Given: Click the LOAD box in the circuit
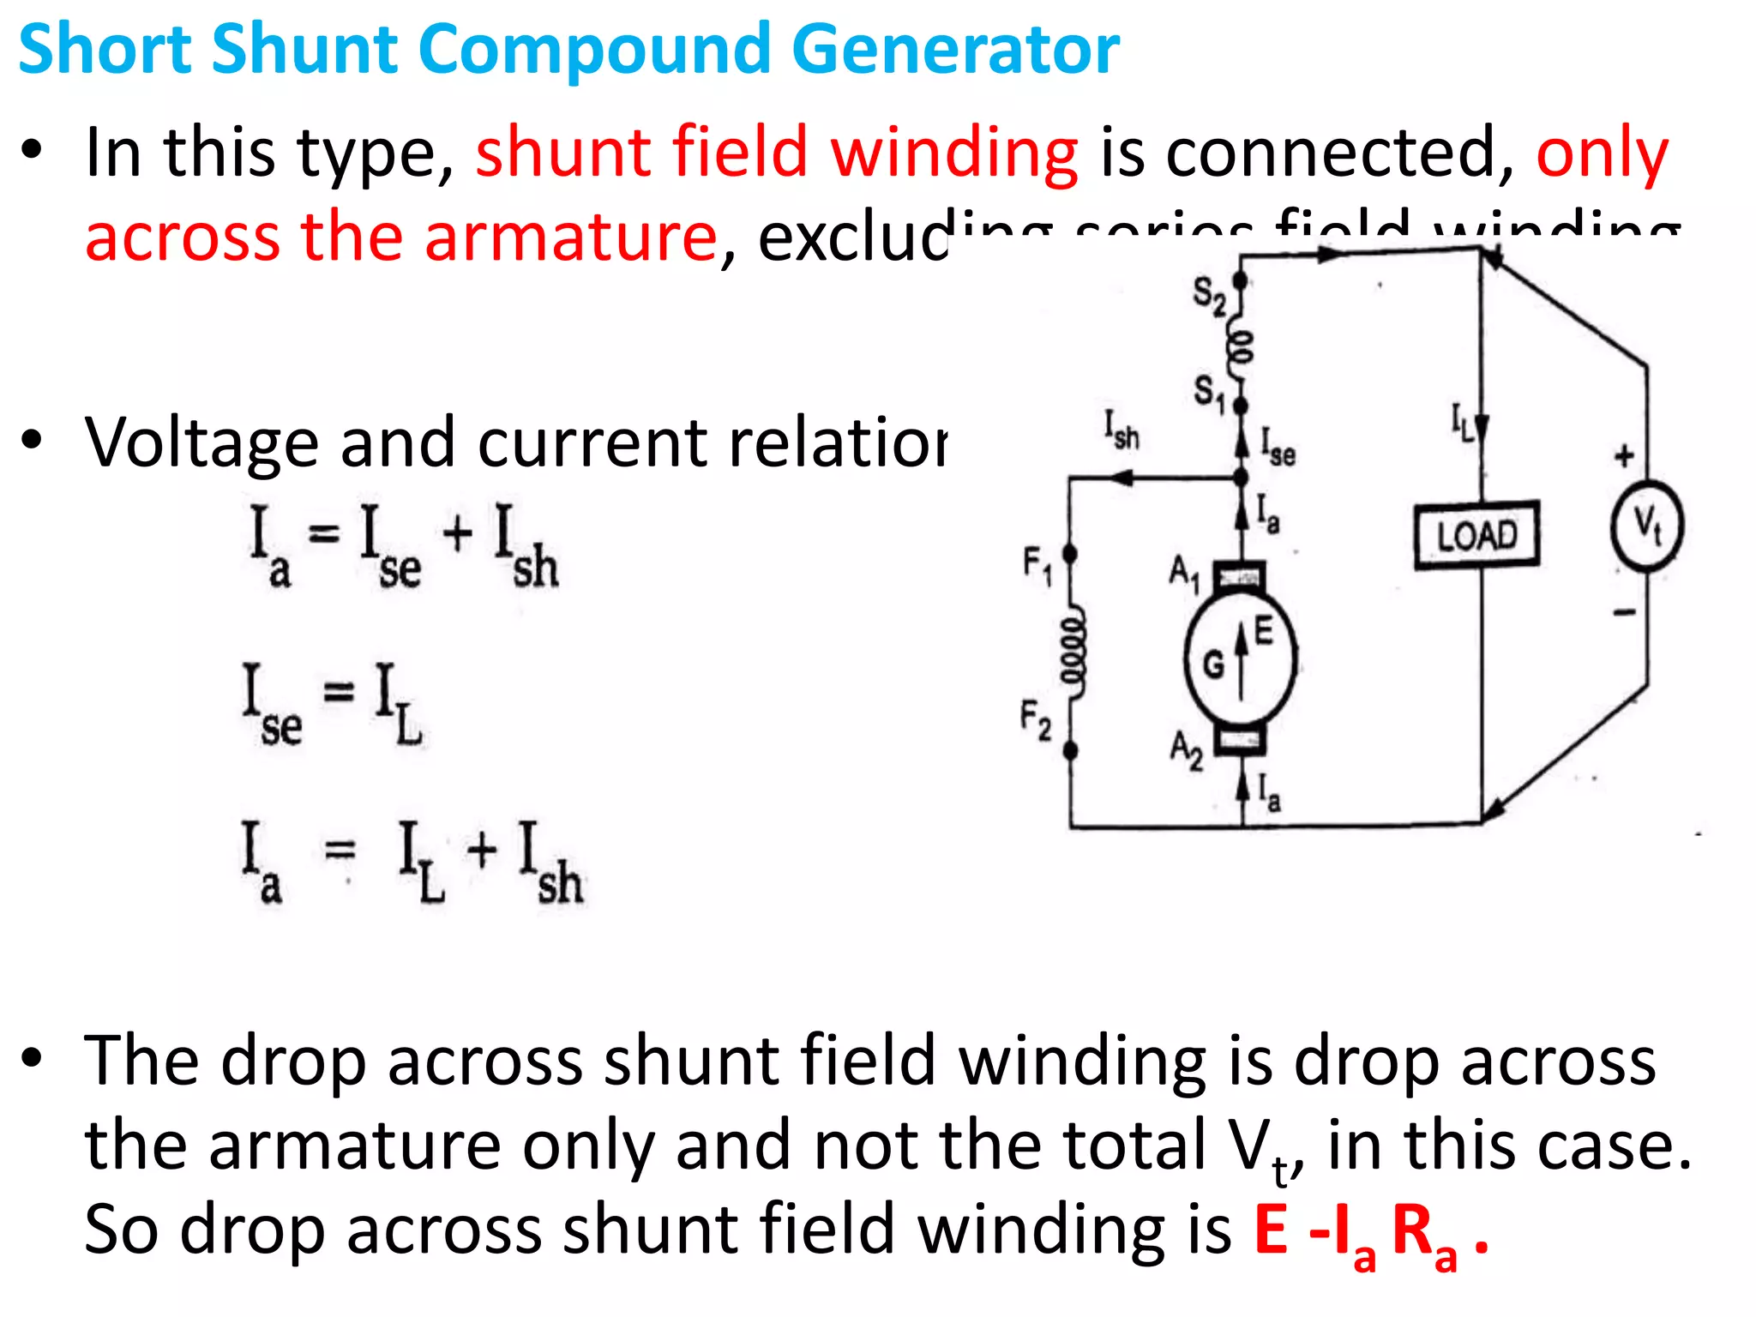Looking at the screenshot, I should click(x=1476, y=535).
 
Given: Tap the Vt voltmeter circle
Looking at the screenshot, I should click(x=1646, y=525).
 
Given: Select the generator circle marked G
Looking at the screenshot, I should click(x=1239, y=658).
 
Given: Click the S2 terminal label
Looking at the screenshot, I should click(x=1209, y=296).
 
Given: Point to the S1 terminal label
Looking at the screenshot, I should click(x=1210, y=393).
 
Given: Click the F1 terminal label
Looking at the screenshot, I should click(x=1037, y=566).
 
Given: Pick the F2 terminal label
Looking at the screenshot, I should click(x=1036, y=719).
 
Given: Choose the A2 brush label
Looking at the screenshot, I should click(x=1187, y=749).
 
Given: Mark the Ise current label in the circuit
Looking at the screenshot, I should click(x=1278, y=446).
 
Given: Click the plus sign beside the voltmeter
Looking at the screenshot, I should click(x=1624, y=455).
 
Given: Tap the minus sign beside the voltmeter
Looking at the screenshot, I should click(x=1624, y=612).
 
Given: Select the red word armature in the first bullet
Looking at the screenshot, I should click(x=569, y=237).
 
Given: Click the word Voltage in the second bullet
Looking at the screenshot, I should click(x=201, y=442).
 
